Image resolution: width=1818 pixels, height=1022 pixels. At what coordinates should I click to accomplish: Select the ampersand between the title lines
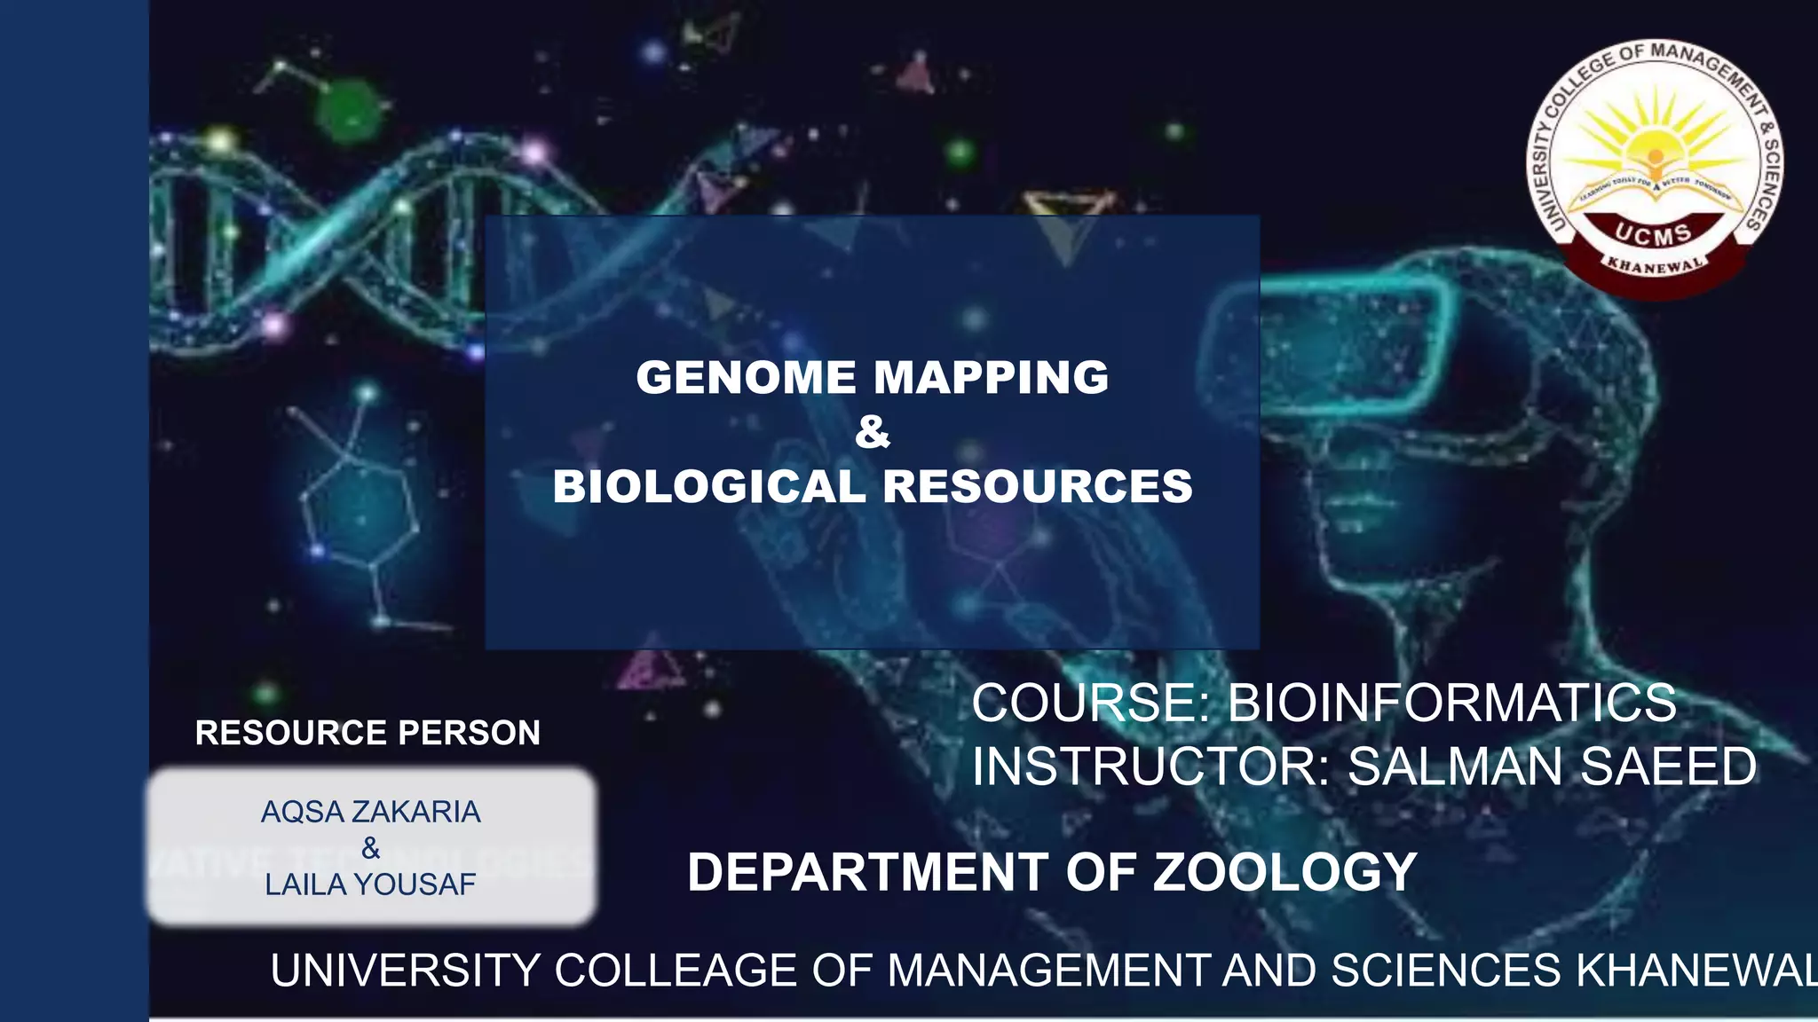tap(872, 433)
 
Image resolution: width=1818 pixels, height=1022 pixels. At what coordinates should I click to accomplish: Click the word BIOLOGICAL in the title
tap(709, 486)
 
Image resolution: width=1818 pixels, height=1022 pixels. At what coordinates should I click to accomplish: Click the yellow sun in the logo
tap(1653, 142)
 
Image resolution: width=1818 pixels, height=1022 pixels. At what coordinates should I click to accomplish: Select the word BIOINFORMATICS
tap(1451, 703)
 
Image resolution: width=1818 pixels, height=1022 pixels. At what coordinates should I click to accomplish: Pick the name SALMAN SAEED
tap(1552, 766)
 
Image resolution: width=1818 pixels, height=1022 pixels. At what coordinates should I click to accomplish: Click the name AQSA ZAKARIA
tap(370, 812)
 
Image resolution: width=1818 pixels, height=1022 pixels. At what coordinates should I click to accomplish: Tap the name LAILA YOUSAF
tap(370, 884)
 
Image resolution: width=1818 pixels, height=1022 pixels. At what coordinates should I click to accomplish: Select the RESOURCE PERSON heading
tap(368, 733)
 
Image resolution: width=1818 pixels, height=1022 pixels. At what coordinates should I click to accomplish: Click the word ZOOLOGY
tap(1284, 872)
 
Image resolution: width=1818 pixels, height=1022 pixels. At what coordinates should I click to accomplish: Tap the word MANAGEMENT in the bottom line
tap(1048, 971)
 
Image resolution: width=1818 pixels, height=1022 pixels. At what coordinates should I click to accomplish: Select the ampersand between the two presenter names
tap(370, 849)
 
